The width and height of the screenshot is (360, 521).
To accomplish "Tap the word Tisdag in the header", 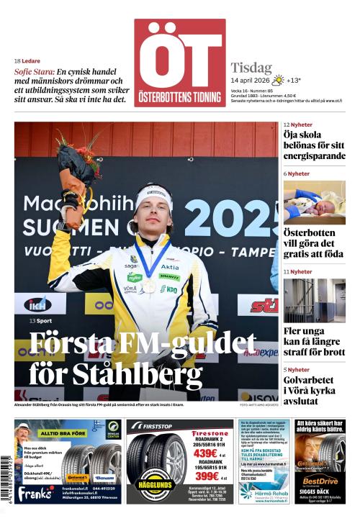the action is coord(251,68).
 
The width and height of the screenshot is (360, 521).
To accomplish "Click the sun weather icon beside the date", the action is coord(277,80).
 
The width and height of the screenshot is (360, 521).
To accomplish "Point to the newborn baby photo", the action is coord(314,202).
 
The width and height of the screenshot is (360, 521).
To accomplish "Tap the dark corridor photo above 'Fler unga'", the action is coord(314,300).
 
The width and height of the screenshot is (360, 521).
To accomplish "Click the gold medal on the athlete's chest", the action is coord(149,286).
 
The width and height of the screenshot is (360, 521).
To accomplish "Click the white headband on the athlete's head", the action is coord(154,191).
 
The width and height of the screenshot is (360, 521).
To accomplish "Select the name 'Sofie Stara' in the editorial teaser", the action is coord(33,72).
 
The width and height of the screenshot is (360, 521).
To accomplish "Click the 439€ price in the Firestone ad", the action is coord(205,454).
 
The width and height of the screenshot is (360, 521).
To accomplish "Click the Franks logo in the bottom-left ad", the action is coord(35,492).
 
